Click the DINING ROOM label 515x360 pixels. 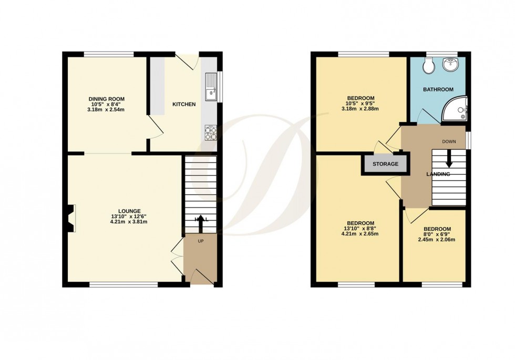coord(106,99)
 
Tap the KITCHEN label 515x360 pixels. coord(184,105)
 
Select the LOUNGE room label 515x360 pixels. coord(125,211)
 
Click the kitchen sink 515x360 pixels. coord(211,87)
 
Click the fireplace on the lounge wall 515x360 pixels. coord(71,218)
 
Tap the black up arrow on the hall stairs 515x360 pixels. coord(200,223)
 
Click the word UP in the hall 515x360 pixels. coord(200,242)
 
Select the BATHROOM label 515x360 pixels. coord(438,90)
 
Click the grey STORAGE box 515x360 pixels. coord(385,164)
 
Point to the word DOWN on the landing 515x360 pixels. coord(449,141)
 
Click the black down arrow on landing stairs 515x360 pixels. coord(449,158)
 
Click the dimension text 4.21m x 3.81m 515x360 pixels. coord(125,222)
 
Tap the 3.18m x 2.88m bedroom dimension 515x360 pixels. coord(360,109)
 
